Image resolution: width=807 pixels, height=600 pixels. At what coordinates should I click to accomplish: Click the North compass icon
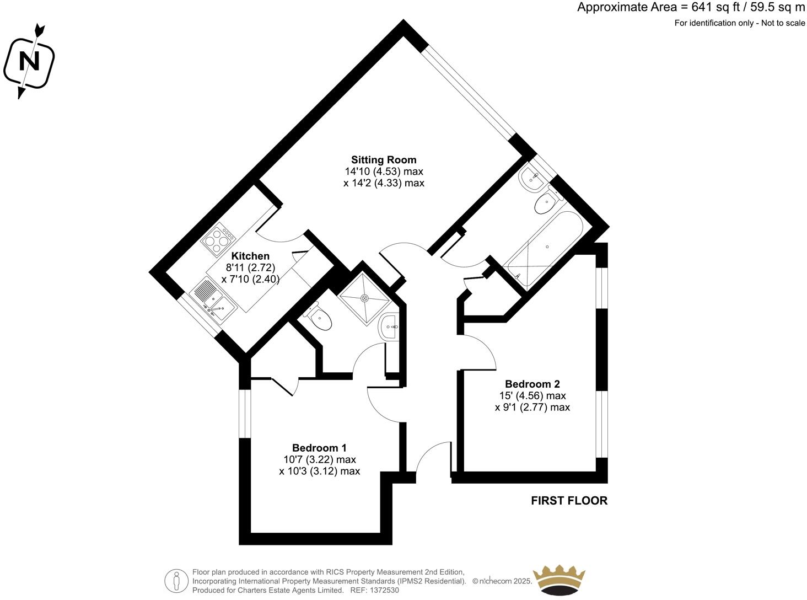tap(29, 61)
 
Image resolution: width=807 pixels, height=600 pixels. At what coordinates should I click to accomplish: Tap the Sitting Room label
tap(384, 160)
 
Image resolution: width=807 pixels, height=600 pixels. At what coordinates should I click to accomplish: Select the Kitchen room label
tap(250, 256)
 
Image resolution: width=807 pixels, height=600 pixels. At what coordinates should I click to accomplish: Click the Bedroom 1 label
tap(319, 448)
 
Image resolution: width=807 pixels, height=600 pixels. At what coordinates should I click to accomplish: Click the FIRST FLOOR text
tap(569, 501)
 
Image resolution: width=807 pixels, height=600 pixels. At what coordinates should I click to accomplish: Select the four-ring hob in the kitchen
tap(219, 239)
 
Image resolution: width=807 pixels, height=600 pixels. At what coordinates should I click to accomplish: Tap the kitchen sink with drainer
tap(213, 299)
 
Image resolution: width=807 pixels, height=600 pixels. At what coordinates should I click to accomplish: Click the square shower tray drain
tap(364, 298)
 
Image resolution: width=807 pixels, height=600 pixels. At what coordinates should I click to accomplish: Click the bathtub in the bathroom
tap(545, 248)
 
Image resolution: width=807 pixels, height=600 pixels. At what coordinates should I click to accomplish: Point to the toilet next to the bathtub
tap(546, 203)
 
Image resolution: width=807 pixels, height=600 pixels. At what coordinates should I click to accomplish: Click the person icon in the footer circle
tap(176, 580)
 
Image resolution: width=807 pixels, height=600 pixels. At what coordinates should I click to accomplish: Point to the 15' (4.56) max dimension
tap(532, 396)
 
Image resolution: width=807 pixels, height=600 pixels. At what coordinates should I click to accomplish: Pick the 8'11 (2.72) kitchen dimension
tap(250, 267)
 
